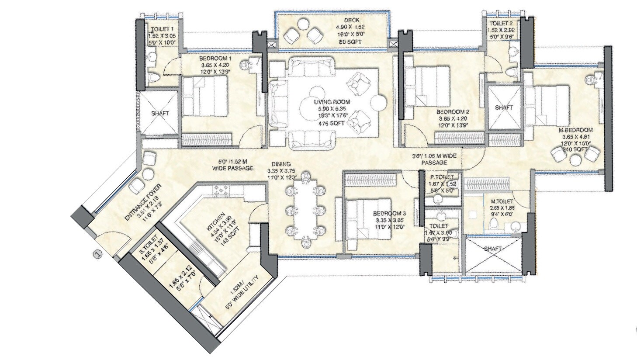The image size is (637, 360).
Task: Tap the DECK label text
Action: pos(352,20)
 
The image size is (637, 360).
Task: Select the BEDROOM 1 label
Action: pos(215,59)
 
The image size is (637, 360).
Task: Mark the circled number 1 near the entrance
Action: pos(98,253)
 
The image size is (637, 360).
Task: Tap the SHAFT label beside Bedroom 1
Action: pos(160,113)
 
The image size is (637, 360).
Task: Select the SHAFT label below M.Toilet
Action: pos(493,248)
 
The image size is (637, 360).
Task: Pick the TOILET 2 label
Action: pos(499,24)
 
